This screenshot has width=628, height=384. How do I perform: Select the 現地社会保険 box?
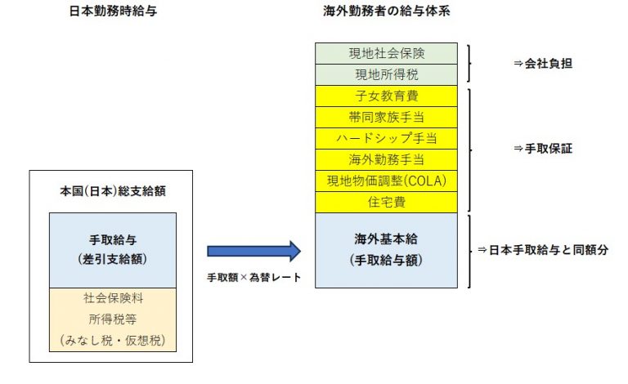(386, 53)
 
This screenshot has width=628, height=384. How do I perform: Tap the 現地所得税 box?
(386, 74)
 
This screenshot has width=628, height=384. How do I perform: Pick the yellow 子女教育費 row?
(386, 96)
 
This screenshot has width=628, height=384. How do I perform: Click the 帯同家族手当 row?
(386, 117)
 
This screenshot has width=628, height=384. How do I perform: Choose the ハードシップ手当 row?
(386, 138)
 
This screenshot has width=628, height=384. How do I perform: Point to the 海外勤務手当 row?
(386, 159)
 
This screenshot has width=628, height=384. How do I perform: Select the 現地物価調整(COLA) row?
(386, 181)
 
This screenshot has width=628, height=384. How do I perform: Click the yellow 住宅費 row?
(386, 202)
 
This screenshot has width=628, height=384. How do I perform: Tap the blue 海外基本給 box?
(386, 249)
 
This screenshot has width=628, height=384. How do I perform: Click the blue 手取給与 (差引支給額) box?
(112, 250)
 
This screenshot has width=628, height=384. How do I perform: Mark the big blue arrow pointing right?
(254, 251)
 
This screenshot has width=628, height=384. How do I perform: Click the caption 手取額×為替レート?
(253, 278)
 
